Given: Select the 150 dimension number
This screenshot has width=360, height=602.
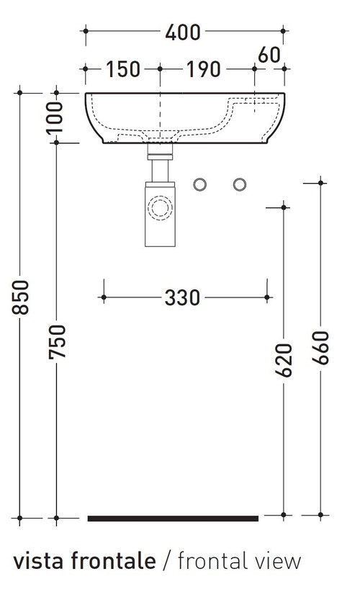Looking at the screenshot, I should point(123,70).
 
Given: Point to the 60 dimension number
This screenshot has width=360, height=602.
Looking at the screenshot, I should point(268,54).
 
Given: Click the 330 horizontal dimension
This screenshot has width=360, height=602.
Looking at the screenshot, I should point(183,297).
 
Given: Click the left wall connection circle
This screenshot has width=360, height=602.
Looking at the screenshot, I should point(199,184).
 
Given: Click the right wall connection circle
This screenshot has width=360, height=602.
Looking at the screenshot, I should point(239,184).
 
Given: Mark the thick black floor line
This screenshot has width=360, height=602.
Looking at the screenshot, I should point(173,517).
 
